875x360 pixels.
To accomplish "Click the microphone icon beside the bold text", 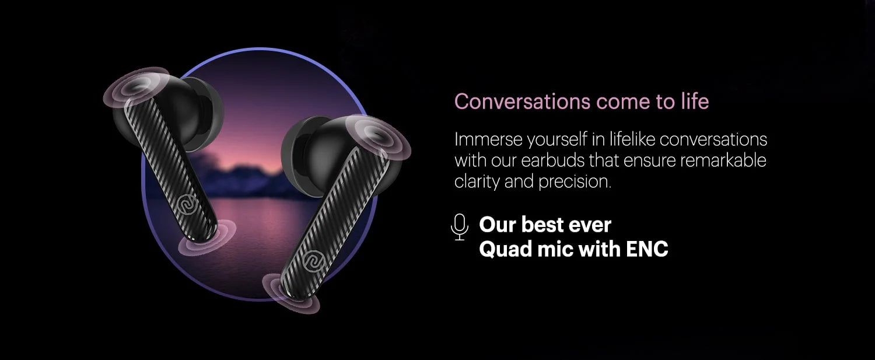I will pyautogui.click(x=460, y=226).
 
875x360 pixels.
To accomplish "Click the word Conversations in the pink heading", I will pyautogui.click(x=521, y=102).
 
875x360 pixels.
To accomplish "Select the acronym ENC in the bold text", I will pyautogui.click(x=646, y=249).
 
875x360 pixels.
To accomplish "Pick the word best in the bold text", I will pyautogui.click(x=542, y=225).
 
